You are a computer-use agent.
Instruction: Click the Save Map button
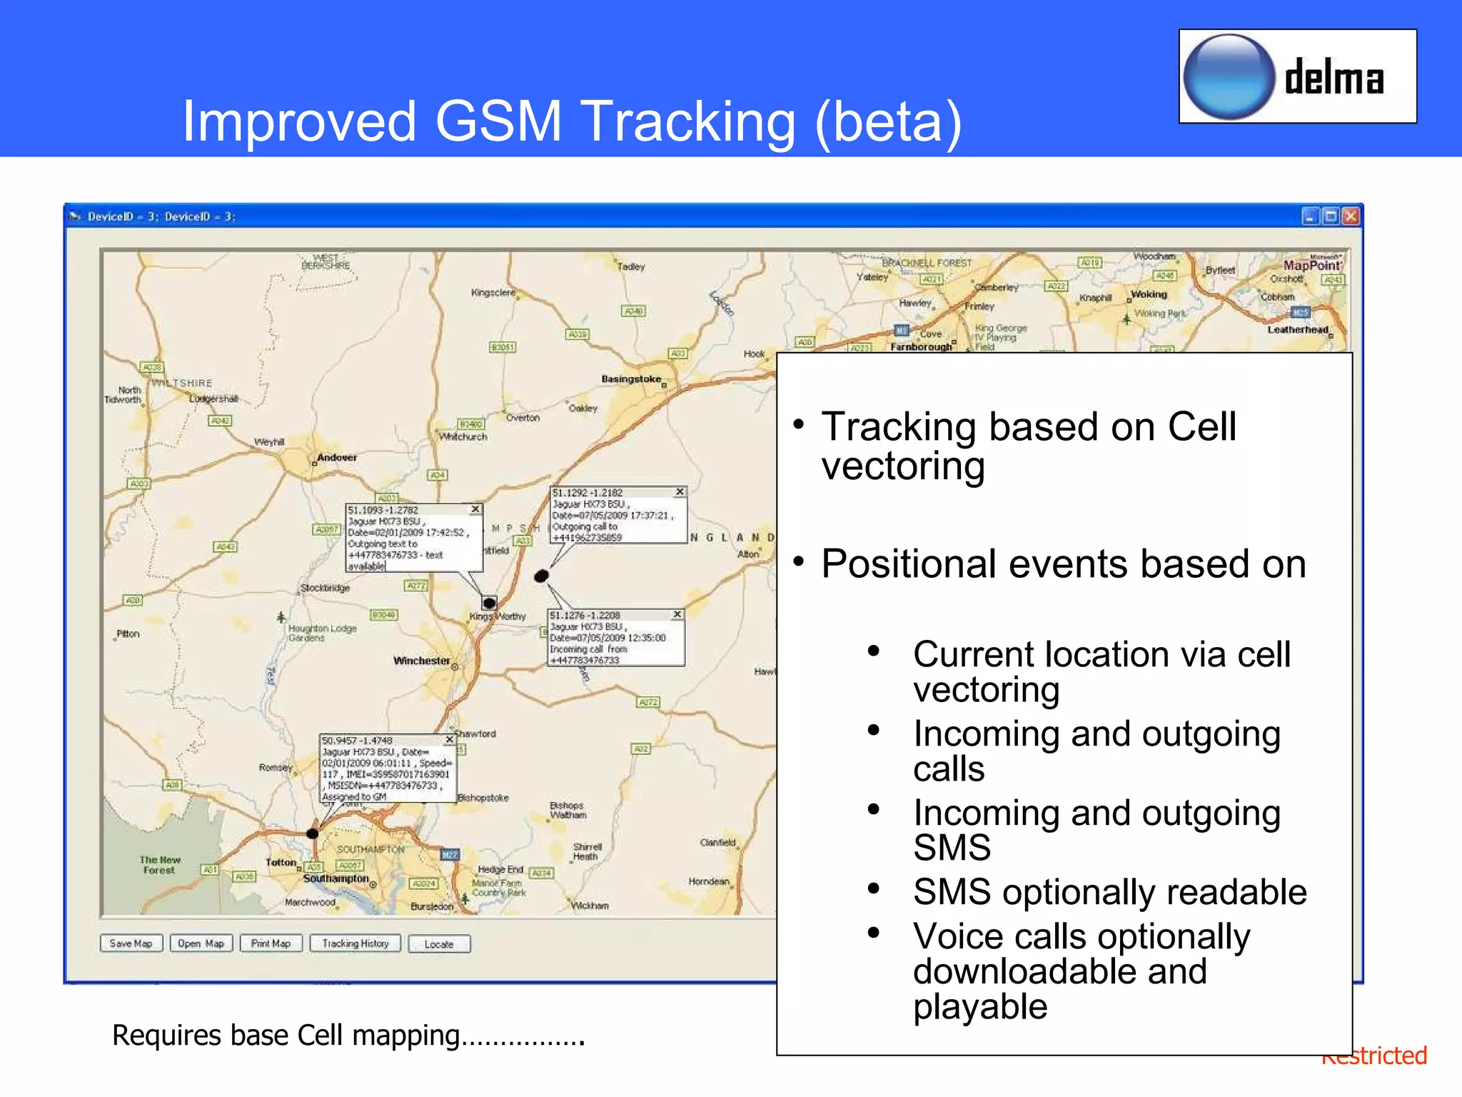click(131, 943)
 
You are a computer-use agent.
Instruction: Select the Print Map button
click(271, 943)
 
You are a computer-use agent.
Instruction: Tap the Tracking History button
click(356, 943)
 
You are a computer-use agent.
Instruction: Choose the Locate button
click(439, 944)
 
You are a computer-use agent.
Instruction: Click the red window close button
click(1351, 216)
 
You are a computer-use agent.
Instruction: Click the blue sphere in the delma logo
click(1229, 76)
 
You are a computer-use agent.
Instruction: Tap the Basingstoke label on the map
click(631, 379)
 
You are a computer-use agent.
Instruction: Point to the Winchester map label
click(422, 661)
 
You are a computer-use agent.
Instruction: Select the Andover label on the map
click(337, 457)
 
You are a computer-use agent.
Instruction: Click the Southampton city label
click(336, 878)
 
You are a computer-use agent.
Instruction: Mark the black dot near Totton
click(313, 833)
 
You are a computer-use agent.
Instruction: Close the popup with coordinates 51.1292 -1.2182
click(680, 492)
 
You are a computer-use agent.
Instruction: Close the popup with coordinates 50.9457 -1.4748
click(450, 740)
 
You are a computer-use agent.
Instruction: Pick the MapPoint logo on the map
click(1312, 265)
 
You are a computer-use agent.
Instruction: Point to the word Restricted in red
click(1374, 1056)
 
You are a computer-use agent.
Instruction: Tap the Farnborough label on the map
click(921, 347)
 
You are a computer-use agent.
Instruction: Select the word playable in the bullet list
click(980, 1006)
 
